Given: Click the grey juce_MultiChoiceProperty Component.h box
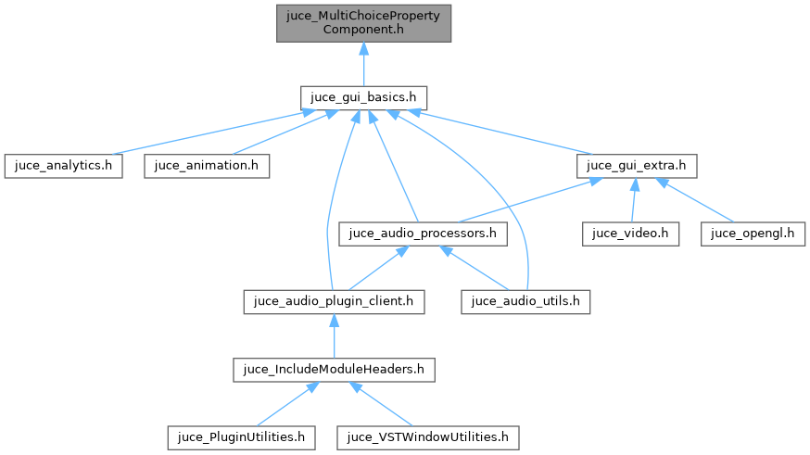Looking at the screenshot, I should (x=363, y=22).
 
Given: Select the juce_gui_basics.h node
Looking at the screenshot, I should (x=363, y=96).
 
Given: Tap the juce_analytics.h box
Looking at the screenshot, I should (x=63, y=166).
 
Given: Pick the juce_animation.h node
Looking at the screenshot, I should (x=207, y=166).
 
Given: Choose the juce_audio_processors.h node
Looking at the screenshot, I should (x=424, y=234).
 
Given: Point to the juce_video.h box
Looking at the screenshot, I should (x=630, y=234).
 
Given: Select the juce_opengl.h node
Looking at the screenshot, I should (x=753, y=234).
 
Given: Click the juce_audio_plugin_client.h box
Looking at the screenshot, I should (x=334, y=301).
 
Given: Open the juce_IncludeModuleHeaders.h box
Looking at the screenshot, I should (x=333, y=369).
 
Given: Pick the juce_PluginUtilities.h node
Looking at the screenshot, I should (x=241, y=436).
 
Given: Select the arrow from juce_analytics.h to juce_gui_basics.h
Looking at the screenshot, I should (x=204, y=133).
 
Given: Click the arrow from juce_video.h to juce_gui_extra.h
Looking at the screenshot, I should (x=633, y=199).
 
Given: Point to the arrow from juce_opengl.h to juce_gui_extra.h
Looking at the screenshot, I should (x=695, y=200).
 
